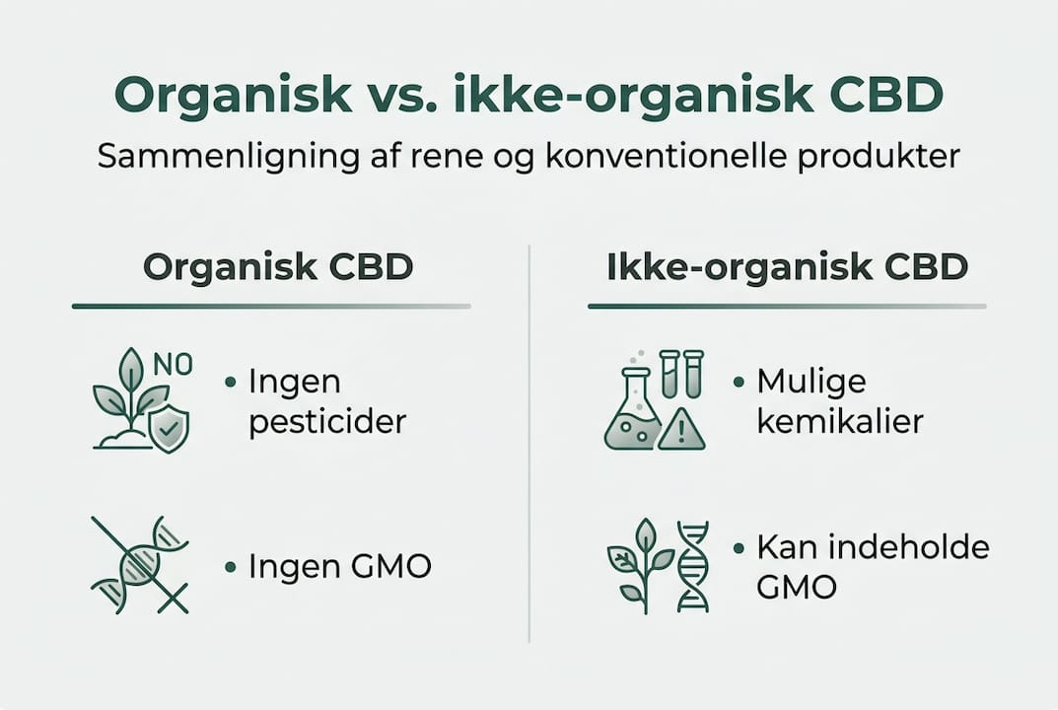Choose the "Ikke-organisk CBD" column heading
tap(787, 267)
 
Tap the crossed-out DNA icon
tap(140, 565)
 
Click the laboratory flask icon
tap(630, 411)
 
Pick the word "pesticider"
tap(327, 422)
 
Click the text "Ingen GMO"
tap(339, 566)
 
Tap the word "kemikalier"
tap(840, 422)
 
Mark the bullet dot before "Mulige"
tap(740, 382)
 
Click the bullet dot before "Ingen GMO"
tap(231, 567)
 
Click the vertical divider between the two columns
tap(529, 444)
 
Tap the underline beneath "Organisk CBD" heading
tap(271, 307)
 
